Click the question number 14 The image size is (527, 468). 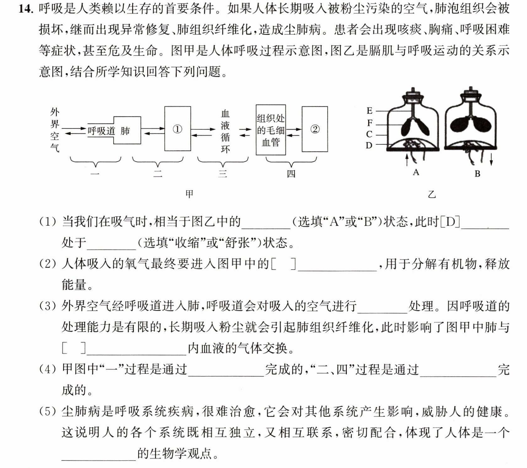25,9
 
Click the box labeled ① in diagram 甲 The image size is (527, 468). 178,129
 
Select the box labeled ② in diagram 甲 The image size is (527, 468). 315,129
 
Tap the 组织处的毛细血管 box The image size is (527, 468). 271,130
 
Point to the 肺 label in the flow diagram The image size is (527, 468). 125,131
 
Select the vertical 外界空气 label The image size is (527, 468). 55,130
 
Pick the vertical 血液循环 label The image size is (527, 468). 225,131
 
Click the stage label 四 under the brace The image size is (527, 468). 291,174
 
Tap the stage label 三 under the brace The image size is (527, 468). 223,174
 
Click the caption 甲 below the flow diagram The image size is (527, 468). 189,194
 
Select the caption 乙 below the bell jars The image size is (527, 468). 432,195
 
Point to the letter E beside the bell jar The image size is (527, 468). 369,111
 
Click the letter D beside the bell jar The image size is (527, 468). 369,145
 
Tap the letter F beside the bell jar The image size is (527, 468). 370,123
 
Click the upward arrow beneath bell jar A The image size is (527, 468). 407,159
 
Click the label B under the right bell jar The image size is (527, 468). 477,174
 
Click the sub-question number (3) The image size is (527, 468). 48,306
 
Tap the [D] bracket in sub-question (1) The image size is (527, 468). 450,222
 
